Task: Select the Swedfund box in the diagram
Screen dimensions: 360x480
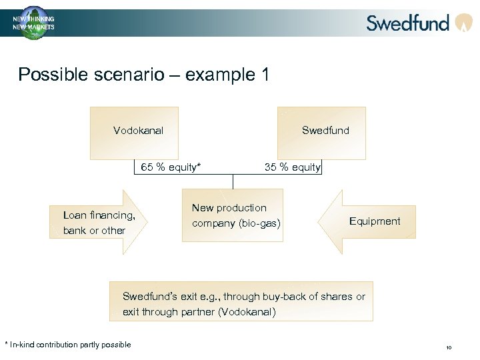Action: (x=325, y=132)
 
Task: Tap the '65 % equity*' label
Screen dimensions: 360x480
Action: (x=170, y=167)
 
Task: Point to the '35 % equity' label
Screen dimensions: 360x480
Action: (x=292, y=167)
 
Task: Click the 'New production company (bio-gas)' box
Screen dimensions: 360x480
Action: (x=233, y=215)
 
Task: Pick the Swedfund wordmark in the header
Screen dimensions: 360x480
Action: (x=408, y=23)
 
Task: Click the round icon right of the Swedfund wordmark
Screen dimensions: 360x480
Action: (x=463, y=23)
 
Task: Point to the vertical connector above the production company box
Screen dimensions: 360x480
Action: (x=233, y=181)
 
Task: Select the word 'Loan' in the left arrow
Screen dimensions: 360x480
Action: (x=75, y=215)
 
